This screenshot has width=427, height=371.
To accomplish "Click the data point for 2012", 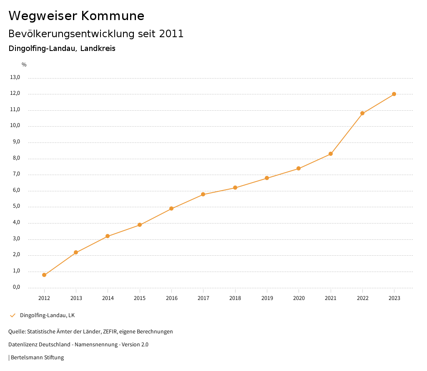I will pyautogui.click(x=44, y=275).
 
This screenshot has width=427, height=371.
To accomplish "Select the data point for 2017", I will pyautogui.click(x=203, y=194).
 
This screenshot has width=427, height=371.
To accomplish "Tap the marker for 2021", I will pyautogui.click(x=331, y=154).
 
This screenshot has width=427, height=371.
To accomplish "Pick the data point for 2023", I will pyautogui.click(x=394, y=94).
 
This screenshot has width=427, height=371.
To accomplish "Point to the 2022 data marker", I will pyautogui.click(x=362, y=113).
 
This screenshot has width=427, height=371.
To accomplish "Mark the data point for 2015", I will pyautogui.click(x=140, y=225).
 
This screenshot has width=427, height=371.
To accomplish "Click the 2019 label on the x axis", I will pyautogui.click(x=267, y=298).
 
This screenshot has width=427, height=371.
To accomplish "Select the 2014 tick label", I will pyautogui.click(x=108, y=298).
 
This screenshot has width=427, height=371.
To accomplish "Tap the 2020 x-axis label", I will pyautogui.click(x=299, y=298).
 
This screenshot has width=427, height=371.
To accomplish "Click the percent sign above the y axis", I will pyautogui.click(x=24, y=65).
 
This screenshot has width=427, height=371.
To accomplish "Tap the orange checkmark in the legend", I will pyautogui.click(x=13, y=315).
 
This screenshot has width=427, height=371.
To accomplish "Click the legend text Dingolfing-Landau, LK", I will pyautogui.click(x=47, y=315).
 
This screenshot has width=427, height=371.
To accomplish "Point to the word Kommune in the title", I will pyautogui.click(x=113, y=16).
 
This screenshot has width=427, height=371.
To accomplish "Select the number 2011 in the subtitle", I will pyautogui.click(x=171, y=34).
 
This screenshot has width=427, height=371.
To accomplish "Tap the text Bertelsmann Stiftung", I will pyautogui.click(x=37, y=358).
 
